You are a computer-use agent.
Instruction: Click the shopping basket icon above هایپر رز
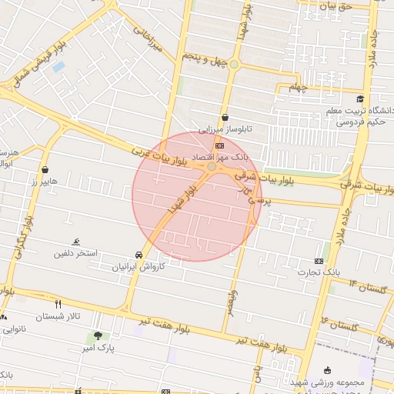pos(45,169)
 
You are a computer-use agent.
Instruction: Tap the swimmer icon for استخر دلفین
pos(75,242)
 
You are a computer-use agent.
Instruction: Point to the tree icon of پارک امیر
pos(98,336)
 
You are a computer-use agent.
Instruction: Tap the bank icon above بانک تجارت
pos(319,262)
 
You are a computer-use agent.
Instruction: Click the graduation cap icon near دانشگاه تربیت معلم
pos(360,98)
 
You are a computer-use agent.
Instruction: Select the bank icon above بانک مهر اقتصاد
pos(220,145)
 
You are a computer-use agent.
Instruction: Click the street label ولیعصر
pos(232,300)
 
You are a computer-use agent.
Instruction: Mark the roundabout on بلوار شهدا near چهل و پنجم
pos(234,65)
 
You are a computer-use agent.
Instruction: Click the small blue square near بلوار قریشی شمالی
pos(58,66)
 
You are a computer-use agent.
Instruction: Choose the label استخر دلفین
pos(75,252)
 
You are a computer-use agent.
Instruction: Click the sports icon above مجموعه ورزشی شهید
pos(329,370)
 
